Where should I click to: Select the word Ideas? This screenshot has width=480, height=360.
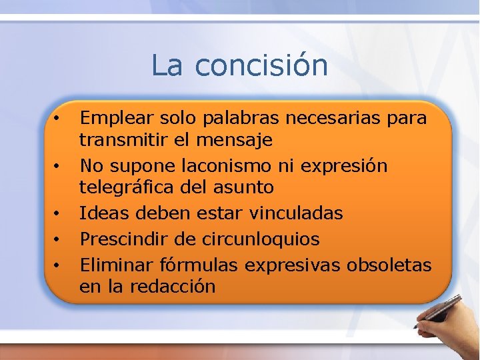coord(101,213)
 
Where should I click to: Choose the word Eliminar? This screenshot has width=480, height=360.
coord(117,264)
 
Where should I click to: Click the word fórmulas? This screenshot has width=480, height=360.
coord(201,264)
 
